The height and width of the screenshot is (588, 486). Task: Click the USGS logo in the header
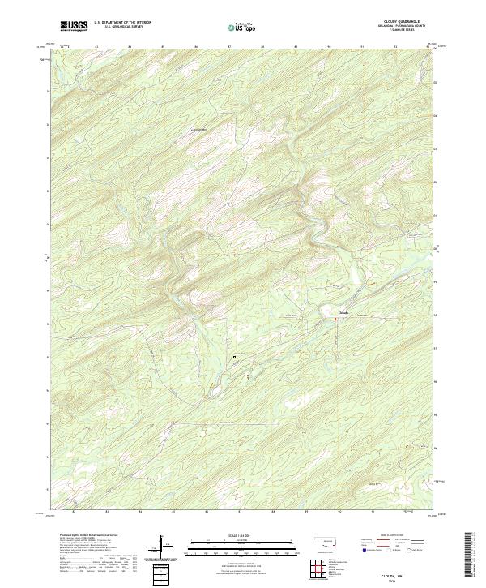(x=74, y=25)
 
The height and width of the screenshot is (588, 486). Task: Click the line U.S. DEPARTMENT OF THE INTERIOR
(x=122, y=23)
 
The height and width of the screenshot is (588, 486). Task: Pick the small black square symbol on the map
(x=235, y=356)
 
